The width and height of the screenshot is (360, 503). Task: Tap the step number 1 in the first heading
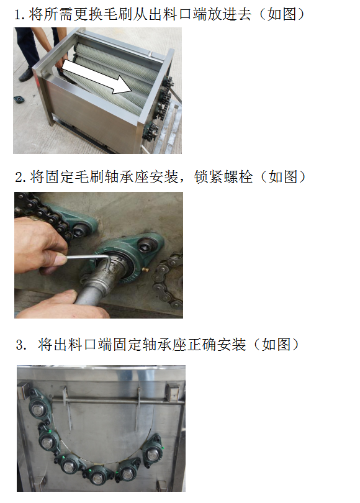18,15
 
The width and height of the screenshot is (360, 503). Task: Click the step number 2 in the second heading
19,177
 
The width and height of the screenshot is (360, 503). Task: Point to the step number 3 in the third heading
20,345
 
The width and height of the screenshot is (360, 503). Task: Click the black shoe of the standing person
25,75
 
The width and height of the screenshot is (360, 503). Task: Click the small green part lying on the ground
19,99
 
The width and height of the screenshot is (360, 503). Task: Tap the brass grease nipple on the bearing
145,269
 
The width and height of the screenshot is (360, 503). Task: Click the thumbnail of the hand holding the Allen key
61,259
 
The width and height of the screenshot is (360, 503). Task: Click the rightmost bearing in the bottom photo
153,451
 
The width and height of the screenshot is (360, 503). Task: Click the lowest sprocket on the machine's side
150,132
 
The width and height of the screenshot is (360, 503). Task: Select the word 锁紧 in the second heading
208,177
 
